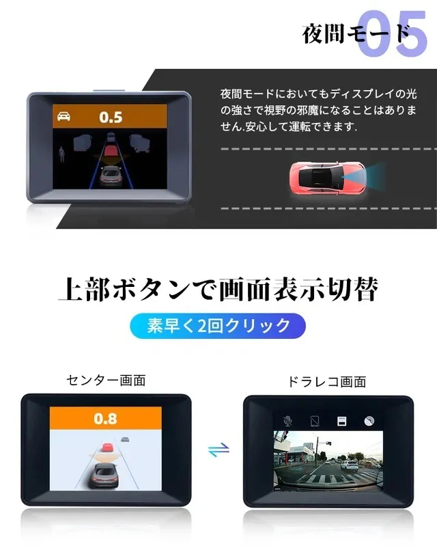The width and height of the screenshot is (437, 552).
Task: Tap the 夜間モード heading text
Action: point(356,33)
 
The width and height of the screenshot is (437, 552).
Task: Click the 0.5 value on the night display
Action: point(111,118)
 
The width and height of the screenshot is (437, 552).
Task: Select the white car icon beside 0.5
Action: point(64,116)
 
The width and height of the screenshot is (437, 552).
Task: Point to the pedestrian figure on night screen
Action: point(62,154)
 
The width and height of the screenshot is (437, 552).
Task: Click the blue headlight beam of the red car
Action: point(371,174)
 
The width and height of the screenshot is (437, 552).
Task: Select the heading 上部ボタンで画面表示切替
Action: point(218,290)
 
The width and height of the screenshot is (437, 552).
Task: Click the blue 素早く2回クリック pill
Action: point(218,326)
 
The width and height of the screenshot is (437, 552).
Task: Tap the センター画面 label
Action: point(106,381)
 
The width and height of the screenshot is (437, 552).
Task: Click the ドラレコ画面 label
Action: point(327,382)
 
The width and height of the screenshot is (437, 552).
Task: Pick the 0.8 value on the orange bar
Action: point(105,419)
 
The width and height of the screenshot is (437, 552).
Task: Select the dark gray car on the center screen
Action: point(104,475)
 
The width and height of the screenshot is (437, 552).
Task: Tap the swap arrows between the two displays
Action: point(218,450)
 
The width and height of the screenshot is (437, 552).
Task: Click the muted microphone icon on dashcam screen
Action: point(287,421)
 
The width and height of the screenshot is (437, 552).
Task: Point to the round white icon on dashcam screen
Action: point(369,421)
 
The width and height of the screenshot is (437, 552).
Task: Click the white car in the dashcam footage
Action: point(349,466)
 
